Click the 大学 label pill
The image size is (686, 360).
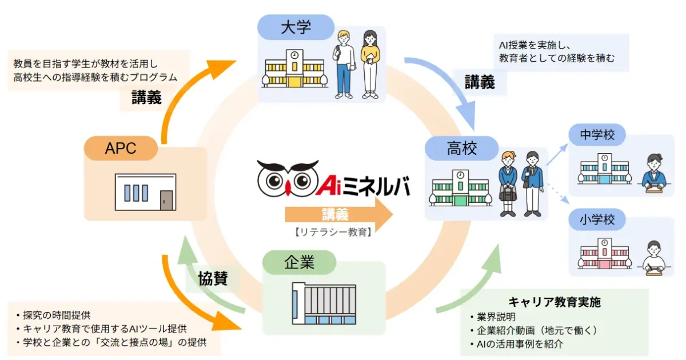click(296, 27)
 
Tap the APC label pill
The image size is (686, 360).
click(121, 149)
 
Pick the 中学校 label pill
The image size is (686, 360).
click(597, 136)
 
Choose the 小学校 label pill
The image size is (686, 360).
click(597, 219)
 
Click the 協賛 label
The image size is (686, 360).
click(213, 278)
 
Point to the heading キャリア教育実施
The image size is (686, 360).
click(555, 302)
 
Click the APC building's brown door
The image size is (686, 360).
click(166, 199)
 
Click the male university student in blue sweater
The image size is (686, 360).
click(344, 63)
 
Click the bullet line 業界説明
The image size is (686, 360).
click(495, 317)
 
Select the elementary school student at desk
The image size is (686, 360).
click(653, 258)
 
